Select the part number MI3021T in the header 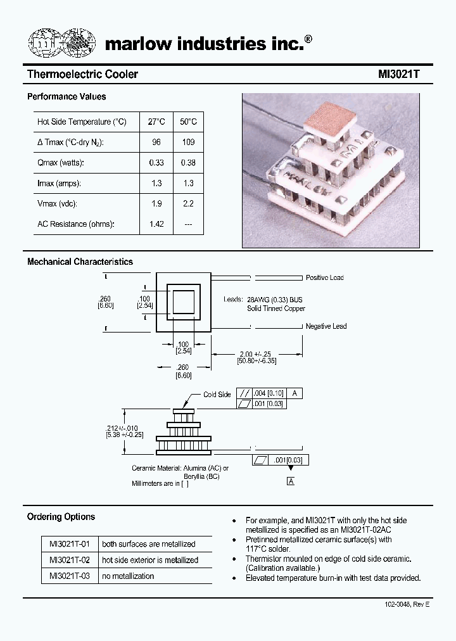click(x=399, y=75)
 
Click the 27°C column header click(x=156, y=122)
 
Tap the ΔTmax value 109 click(x=188, y=143)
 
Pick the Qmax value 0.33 click(x=156, y=163)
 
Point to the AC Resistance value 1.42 click(x=156, y=224)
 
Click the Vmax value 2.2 click(x=188, y=204)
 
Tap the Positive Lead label click(x=325, y=277)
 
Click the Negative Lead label click(x=326, y=326)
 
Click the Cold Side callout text click(x=217, y=395)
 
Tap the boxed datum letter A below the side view click(x=291, y=481)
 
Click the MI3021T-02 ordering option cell click(x=70, y=560)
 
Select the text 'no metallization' click(x=127, y=576)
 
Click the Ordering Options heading click(x=61, y=517)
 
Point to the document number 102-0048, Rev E click(x=407, y=605)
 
